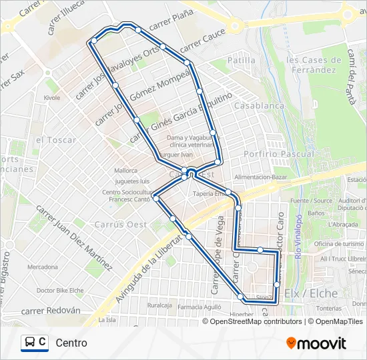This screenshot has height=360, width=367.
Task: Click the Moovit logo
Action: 316,343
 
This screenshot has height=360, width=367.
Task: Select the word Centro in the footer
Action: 71,343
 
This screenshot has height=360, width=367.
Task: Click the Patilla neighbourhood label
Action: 241,60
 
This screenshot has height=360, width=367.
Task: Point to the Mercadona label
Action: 43,267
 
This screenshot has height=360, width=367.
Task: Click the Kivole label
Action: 52,98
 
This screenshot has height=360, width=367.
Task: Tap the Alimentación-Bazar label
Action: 260,177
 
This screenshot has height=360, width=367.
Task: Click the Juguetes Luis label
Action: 131,181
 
